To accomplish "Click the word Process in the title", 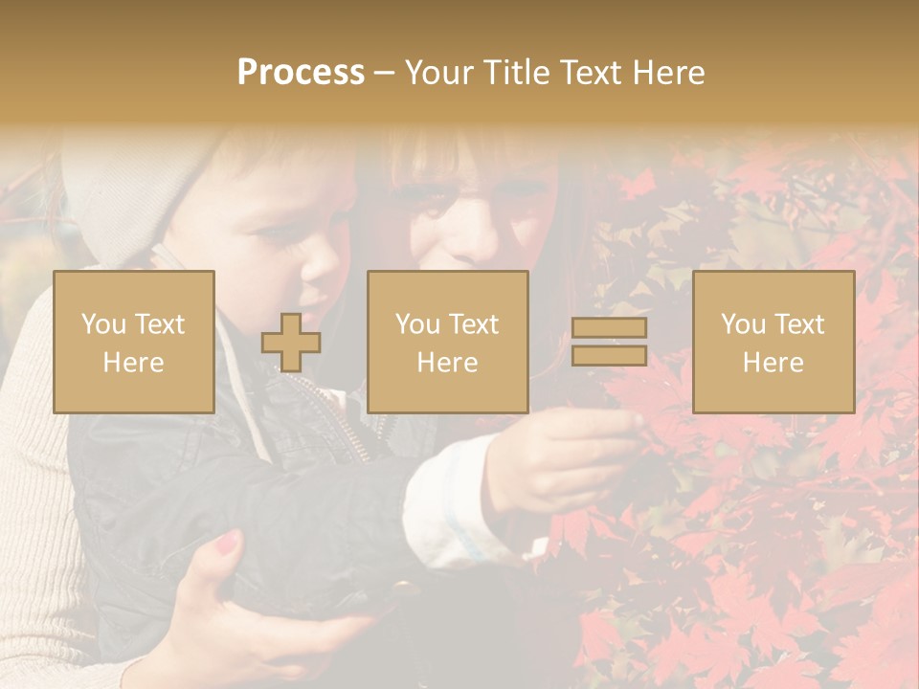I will point(301,73).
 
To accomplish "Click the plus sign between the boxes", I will point(291,343).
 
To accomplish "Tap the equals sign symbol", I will point(609,342).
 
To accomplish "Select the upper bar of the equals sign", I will point(609,328).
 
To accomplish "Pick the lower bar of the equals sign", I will point(609,355).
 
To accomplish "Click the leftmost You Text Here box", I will point(134,342).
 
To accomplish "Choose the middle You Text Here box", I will point(448,342).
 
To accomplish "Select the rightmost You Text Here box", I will point(773,342).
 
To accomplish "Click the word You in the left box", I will point(102,324).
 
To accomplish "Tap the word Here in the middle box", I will point(448,363).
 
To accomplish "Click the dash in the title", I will point(385,73).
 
